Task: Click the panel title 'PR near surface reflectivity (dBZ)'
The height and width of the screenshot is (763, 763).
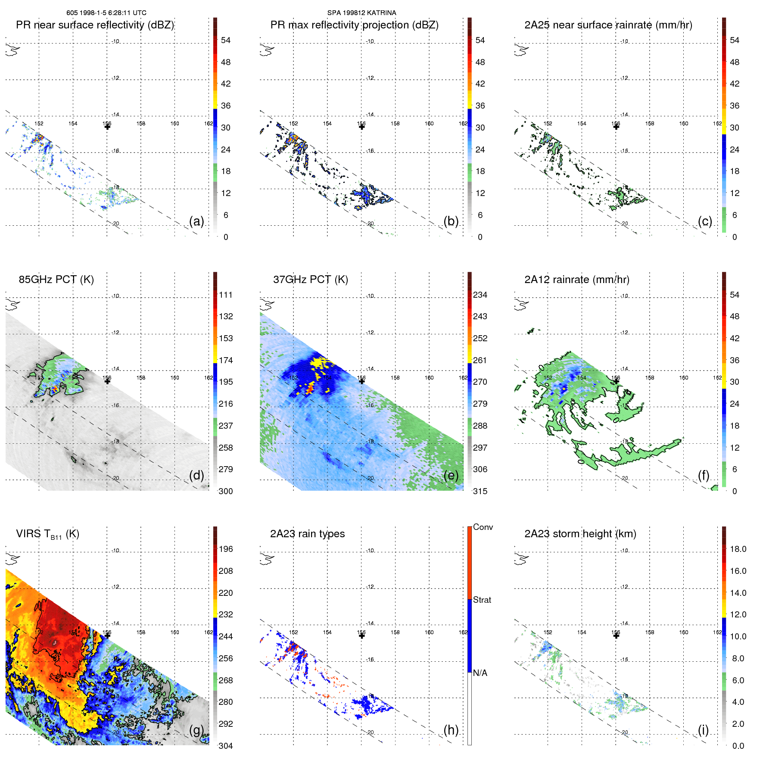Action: (x=95, y=25)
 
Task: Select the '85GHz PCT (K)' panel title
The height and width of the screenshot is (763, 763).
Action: (x=56, y=280)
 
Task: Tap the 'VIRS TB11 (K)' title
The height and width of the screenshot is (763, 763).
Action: (x=47, y=534)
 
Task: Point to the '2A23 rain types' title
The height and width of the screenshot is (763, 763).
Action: (x=307, y=534)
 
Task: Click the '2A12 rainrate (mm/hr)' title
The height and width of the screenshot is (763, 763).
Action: (x=576, y=280)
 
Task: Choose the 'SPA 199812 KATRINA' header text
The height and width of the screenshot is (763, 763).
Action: (x=361, y=13)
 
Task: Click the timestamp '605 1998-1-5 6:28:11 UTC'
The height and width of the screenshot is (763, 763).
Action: (x=106, y=13)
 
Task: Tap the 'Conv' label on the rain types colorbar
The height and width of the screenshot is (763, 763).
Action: (x=483, y=527)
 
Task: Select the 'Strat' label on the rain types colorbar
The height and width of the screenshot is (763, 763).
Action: (x=482, y=600)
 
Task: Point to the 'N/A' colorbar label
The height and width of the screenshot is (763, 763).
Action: (x=480, y=673)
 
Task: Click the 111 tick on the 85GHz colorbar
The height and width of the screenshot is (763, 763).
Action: (x=225, y=295)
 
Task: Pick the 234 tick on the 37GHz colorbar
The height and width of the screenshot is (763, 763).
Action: (x=480, y=295)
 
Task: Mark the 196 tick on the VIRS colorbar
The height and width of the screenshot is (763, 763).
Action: (x=225, y=549)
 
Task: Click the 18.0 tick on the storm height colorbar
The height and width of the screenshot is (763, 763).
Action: (x=738, y=549)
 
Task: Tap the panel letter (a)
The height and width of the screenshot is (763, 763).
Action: (x=196, y=221)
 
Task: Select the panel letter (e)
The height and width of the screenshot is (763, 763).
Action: (x=451, y=476)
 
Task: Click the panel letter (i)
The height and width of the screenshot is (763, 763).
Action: (x=703, y=730)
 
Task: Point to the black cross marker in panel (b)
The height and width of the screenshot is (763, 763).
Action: (x=362, y=127)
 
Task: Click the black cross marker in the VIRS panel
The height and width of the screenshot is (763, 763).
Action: (x=107, y=635)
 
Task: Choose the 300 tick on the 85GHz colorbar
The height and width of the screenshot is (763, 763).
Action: (x=225, y=491)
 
